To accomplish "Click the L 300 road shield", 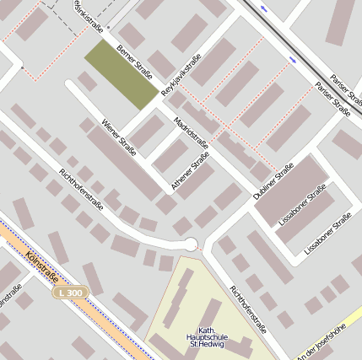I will point(71,292).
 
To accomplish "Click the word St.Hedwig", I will point(206,344).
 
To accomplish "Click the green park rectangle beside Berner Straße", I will point(121,73).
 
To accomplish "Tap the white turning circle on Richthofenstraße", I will point(191,244).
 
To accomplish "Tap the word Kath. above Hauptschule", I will point(206,329).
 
